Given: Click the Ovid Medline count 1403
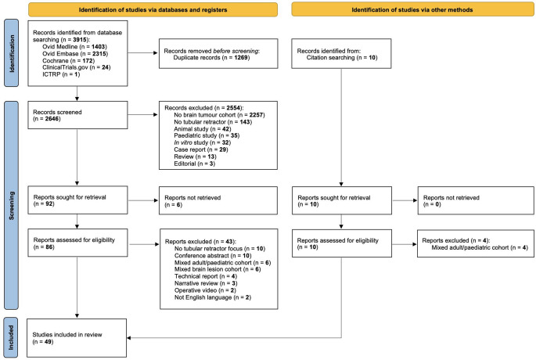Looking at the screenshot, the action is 99,46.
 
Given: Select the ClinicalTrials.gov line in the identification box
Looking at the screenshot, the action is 77,67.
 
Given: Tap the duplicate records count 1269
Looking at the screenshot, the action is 241,57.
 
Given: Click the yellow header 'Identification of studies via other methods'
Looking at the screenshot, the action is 412,10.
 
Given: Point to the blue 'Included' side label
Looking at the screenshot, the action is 11,337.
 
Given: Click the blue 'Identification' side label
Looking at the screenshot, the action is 11,53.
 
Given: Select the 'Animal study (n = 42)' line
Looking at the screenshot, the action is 203,129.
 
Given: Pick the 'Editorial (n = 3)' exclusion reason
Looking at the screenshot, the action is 195,164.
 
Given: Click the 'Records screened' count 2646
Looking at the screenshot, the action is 52,119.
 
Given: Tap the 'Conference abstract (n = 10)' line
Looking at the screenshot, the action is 213,255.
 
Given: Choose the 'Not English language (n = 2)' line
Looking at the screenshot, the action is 213,297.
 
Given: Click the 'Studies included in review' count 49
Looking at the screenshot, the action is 49,341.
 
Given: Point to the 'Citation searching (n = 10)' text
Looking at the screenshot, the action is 342,57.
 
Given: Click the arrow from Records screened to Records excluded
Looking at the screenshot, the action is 143,114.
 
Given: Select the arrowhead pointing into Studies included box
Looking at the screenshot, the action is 129,338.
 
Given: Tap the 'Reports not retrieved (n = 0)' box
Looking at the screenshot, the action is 476,200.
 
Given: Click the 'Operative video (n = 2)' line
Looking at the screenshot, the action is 205,290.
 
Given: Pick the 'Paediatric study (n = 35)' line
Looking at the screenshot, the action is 207,135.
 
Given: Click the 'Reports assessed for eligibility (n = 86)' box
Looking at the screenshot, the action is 77,243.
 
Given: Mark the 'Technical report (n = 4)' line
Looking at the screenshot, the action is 206,276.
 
